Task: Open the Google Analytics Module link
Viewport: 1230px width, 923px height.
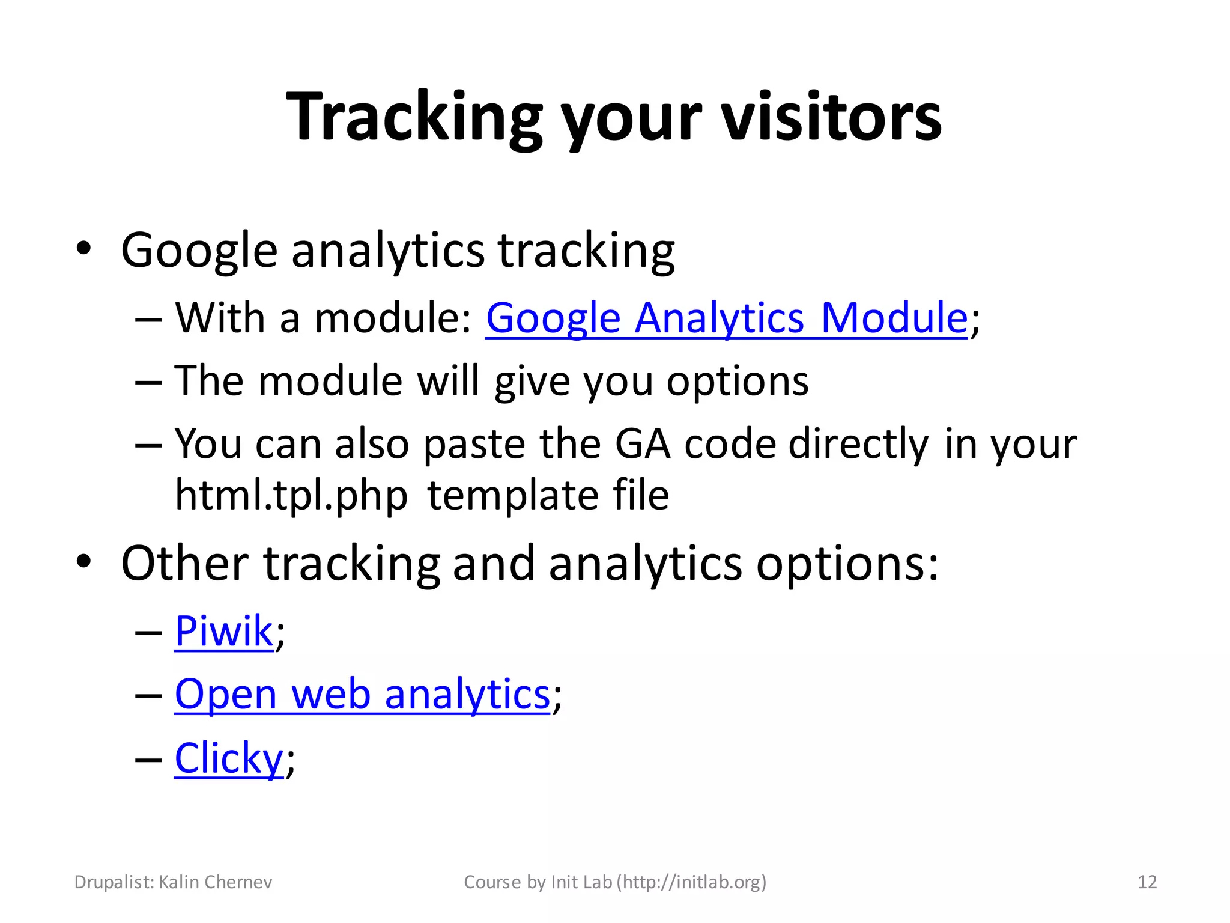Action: [x=726, y=318]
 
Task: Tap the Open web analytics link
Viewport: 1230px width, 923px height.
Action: [x=362, y=695]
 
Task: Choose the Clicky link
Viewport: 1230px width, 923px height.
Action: [x=228, y=758]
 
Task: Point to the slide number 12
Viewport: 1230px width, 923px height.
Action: [x=1147, y=882]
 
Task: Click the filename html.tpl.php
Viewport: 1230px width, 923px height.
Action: [x=291, y=496]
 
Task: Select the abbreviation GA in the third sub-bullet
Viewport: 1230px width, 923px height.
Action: [x=643, y=444]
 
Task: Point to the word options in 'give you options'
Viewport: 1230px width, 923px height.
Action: [x=738, y=382]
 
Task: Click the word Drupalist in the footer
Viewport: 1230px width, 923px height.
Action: [x=114, y=882]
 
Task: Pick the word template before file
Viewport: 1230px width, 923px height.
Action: [x=513, y=496]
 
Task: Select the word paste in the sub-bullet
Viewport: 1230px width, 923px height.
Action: [x=474, y=445]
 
